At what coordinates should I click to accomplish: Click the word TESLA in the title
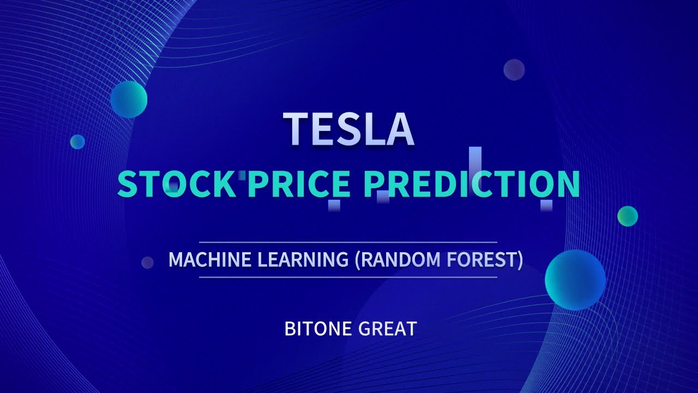point(348,129)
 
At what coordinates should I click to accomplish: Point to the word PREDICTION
point(471,184)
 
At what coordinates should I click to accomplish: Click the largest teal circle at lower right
point(575,280)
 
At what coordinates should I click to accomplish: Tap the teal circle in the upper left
point(129,99)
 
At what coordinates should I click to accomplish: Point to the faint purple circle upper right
point(514,70)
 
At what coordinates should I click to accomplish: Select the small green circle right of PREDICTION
point(628,216)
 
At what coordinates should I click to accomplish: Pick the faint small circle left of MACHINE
point(147,263)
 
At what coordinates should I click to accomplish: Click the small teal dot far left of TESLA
point(77,141)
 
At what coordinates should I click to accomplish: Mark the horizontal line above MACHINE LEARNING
point(348,242)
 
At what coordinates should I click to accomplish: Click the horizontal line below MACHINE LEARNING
point(348,277)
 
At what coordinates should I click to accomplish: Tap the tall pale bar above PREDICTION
point(476,158)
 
